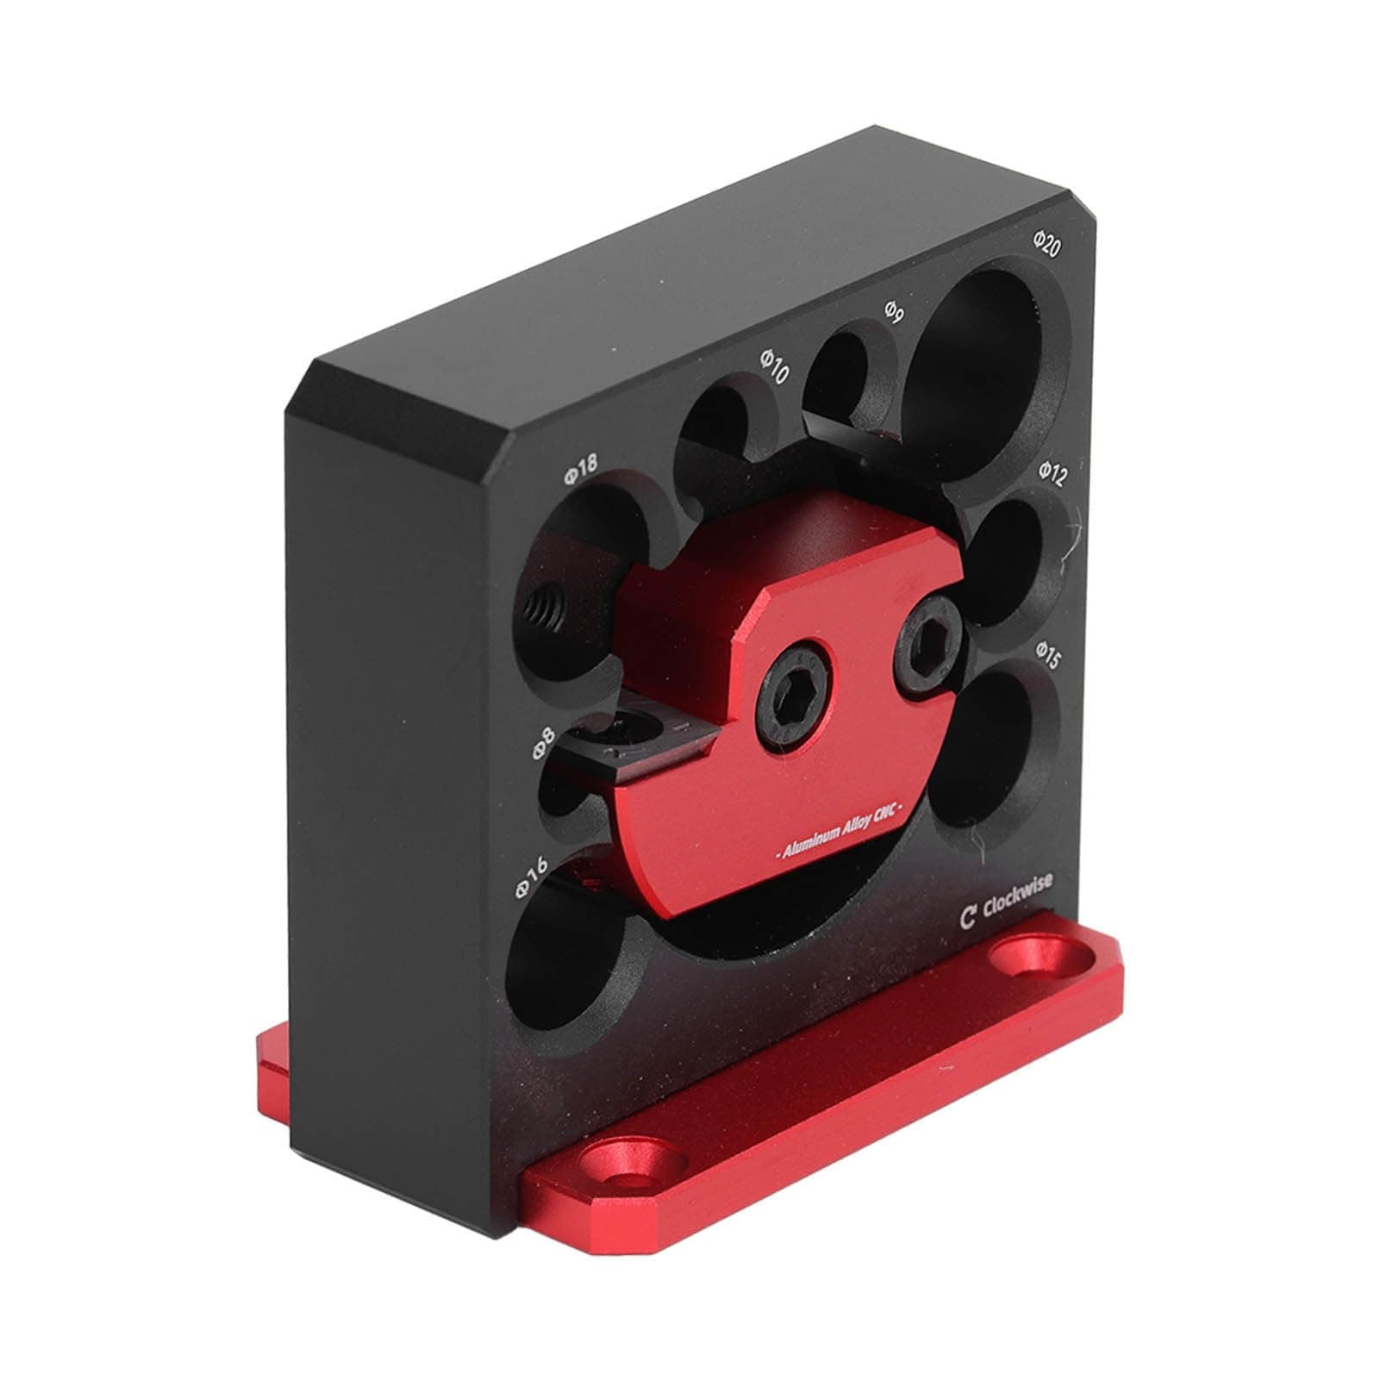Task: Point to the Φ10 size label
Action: (773, 367)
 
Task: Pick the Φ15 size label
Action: (1048, 655)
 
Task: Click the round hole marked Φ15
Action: (996, 750)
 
